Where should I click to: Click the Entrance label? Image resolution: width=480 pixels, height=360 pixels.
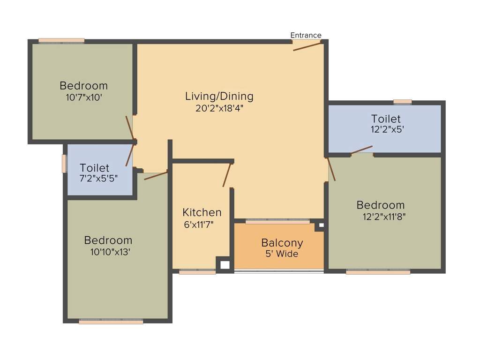[x=306, y=35]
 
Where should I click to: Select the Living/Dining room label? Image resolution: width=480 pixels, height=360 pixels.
[x=219, y=97]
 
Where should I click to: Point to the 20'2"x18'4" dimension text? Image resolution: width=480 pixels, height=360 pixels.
[x=219, y=108]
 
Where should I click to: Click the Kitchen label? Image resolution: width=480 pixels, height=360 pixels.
[x=202, y=212]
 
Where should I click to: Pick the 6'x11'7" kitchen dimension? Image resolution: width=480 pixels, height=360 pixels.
[x=199, y=224]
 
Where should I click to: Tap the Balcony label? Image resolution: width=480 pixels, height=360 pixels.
[x=282, y=243]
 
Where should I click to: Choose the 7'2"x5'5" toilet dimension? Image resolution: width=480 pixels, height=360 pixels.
[x=99, y=178]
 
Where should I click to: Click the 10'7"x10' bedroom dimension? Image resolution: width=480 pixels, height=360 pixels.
[x=84, y=97]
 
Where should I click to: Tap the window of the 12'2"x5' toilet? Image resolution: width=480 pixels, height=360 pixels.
[x=403, y=102]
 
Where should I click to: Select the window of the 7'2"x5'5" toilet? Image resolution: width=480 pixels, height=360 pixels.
[x=64, y=164]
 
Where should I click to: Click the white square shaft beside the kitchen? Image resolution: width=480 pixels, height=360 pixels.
[x=225, y=265]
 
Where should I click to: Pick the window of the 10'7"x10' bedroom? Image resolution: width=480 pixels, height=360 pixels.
[x=61, y=41]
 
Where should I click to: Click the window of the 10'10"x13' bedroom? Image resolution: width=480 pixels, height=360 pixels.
[x=111, y=322]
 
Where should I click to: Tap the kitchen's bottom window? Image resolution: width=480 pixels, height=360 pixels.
[x=197, y=271]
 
